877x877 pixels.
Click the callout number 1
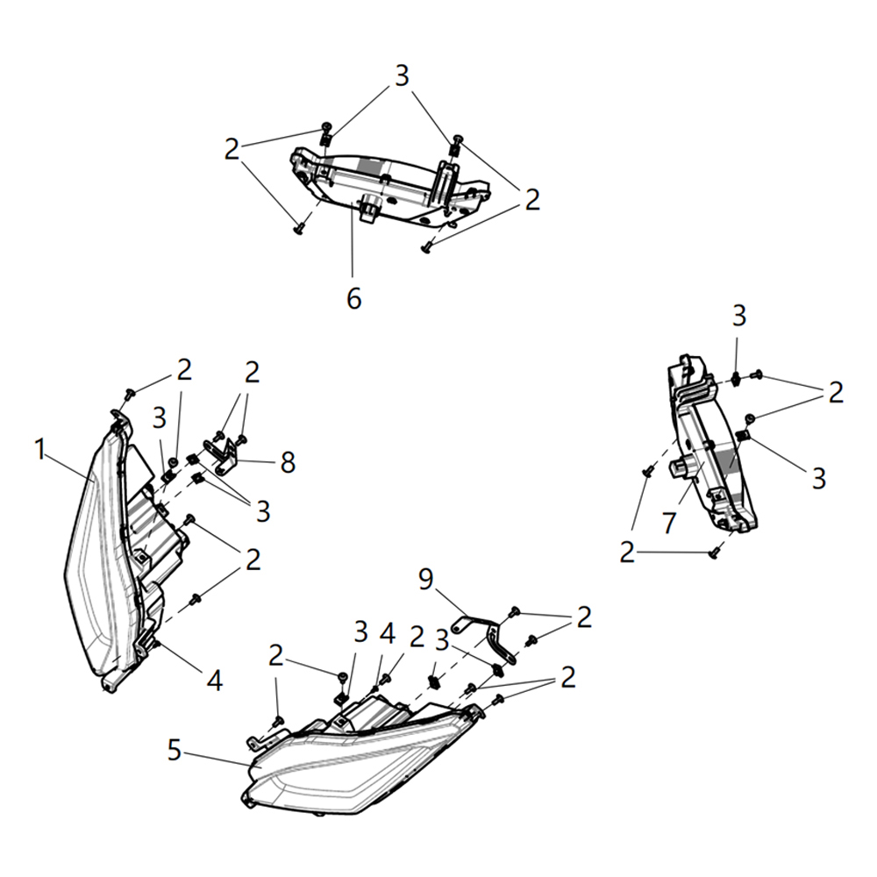click(39, 450)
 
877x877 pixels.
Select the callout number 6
click(353, 298)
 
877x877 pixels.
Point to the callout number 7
click(669, 523)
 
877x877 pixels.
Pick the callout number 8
click(288, 462)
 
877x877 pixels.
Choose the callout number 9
click(426, 579)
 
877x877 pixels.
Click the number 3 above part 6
click(402, 76)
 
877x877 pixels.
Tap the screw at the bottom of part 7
click(715, 553)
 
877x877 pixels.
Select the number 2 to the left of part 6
click(232, 150)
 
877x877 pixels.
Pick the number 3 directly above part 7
click(739, 315)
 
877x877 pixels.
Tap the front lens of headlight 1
click(96, 561)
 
